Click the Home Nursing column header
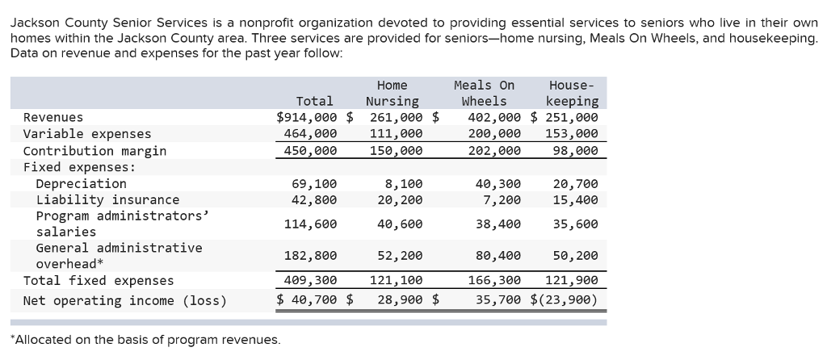tap(393, 93)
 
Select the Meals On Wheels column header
tap(484, 93)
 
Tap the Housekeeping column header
tap(572, 93)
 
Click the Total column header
tap(314, 101)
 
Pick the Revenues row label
tap(53, 118)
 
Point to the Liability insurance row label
tap(107, 199)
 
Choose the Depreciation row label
tap(81, 183)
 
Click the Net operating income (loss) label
tap(124, 301)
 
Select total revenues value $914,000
tap(306, 118)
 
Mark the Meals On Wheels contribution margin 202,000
tap(494, 151)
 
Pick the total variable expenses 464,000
tap(310, 134)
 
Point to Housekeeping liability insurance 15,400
tap(575, 199)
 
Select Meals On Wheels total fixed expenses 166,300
tap(494, 281)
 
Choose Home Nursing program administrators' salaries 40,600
tap(399, 224)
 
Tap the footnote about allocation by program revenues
tap(145, 340)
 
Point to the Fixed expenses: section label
tap(79, 167)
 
